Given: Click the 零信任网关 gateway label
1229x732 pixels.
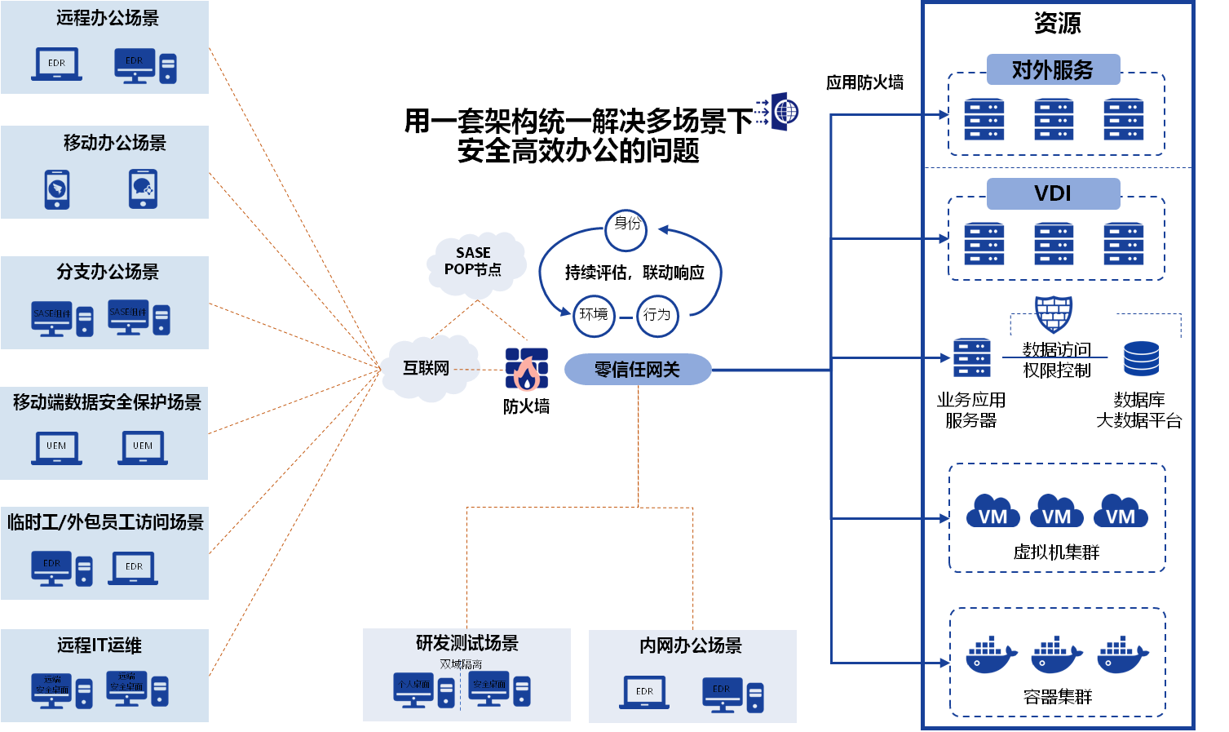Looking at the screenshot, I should [637, 370].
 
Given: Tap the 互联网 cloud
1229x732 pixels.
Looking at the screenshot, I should [427, 369].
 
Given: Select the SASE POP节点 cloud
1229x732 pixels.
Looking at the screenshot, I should [474, 262].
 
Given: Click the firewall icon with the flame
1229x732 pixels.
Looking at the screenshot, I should [527, 370].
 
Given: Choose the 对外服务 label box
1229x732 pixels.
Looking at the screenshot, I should [1053, 70].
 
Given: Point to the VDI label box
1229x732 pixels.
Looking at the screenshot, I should [1053, 194].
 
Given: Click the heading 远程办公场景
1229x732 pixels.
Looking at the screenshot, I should [108, 18].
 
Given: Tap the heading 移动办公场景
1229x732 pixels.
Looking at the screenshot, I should [115, 143].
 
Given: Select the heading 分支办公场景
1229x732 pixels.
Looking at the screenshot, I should [108, 272].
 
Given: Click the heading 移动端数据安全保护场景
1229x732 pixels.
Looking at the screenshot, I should [107, 402].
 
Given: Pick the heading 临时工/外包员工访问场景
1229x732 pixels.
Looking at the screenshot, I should [106, 522].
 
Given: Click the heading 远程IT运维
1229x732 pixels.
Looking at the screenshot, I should [99, 645].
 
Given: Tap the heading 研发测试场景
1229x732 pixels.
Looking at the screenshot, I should [467, 643].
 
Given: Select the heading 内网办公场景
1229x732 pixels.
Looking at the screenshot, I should [691, 645].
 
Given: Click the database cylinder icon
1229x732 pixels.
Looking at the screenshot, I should [1141, 358].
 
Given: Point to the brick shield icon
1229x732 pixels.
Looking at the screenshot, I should [1054, 314].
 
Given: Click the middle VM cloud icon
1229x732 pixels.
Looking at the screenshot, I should [1057, 512].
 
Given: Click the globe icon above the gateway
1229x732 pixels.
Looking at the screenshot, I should [783, 111].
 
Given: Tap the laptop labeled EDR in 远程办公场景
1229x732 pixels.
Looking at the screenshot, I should [56, 64].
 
